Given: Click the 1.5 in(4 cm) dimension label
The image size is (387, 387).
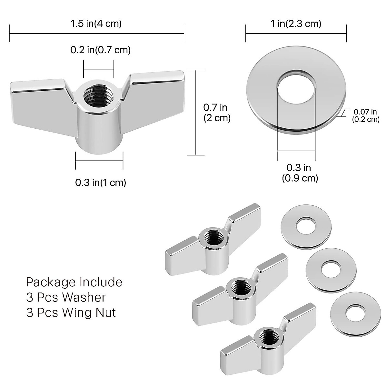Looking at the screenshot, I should pyautogui.click(x=96, y=24).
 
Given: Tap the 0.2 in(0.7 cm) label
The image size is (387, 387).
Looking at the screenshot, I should pyautogui.click(x=100, y=50).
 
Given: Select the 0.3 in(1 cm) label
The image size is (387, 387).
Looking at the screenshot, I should pyautogui.click(x=101, y=183).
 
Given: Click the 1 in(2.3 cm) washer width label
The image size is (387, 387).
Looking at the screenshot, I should pyautogui.click(x=296, y=24).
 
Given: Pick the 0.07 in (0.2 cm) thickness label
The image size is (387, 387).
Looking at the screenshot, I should pyautogui.click(x=365, y=115).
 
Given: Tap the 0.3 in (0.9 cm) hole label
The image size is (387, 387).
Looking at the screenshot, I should pyautogui.click(x=300, y=173).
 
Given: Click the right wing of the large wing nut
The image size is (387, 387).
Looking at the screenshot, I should pyautogui.click(x=155, y=97).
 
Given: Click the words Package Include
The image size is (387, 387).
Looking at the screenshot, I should pyautogui.click(x=74, y=282).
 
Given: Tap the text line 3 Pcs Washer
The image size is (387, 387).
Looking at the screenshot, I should pyautogui.click(x=66, y=297).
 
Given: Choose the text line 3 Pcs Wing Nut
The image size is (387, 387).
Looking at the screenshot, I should pyautogui.click(x=71, y=312).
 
